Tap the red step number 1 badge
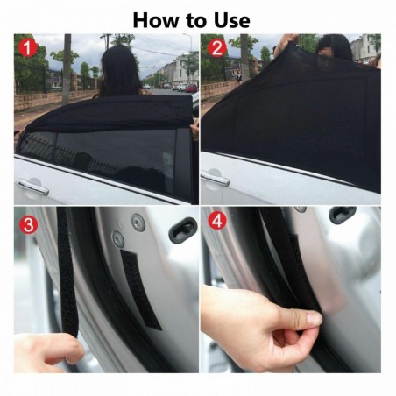(x=30, y=49)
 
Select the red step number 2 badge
(x=216, y=49)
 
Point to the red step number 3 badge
(x=30, y=223)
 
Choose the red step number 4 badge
(x=216, y=223)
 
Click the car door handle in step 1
(x=33, y=186)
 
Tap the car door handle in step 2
(x=214, y=178)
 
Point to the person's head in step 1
(x=122, y=67)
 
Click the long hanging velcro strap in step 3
(x=68, y=272)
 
